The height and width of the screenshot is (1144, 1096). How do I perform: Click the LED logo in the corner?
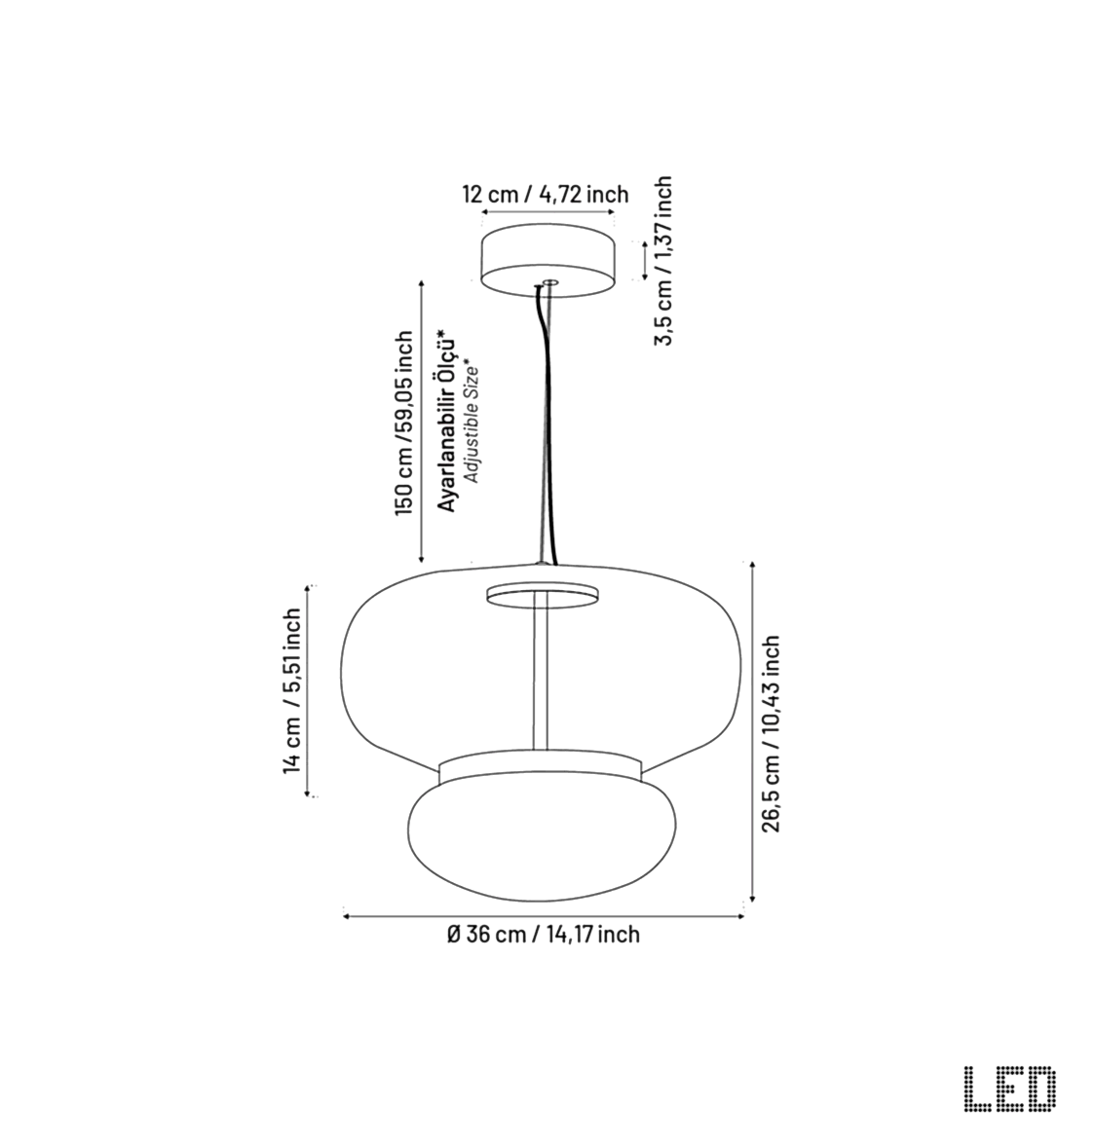1008,1089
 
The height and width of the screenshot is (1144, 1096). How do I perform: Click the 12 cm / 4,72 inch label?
545,194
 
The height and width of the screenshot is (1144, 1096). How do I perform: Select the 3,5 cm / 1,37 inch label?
663,261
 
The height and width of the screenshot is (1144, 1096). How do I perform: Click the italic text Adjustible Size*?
471,421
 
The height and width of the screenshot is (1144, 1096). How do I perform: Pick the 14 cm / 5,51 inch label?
291,691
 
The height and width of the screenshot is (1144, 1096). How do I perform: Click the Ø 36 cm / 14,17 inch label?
544,935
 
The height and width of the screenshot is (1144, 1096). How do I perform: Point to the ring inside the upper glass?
542,594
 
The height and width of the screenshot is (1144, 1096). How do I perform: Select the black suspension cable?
544,428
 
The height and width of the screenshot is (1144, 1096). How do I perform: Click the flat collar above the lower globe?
541,769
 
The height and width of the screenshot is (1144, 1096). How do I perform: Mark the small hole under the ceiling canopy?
549,283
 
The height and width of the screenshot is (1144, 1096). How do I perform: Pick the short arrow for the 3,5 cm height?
644,260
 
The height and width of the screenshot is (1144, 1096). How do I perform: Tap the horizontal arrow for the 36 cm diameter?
544,915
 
